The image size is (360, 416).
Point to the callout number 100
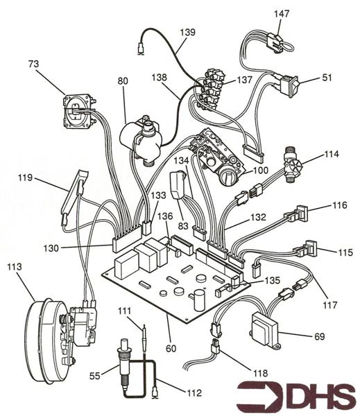260,171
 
